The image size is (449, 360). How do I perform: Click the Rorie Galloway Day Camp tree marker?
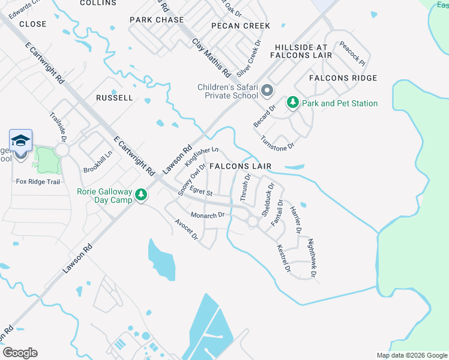141,195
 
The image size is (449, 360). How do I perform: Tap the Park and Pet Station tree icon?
293,103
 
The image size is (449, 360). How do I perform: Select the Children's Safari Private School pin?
267,92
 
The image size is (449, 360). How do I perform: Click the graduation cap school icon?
20,141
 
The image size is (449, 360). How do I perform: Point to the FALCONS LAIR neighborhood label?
240,166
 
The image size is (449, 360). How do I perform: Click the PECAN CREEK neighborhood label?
241,26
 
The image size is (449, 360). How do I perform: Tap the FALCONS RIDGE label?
343,78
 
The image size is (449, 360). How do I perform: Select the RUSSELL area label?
114,97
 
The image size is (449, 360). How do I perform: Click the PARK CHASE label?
157,20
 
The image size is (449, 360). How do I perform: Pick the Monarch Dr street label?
207,215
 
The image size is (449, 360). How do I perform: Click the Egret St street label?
201,191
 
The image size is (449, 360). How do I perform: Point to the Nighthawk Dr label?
312,258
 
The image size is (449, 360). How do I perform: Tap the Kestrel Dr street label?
283,259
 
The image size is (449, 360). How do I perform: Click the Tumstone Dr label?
277,143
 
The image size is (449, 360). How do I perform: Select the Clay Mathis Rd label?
211,58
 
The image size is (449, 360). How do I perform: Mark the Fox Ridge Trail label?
38,181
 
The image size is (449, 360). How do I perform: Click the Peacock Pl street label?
352,53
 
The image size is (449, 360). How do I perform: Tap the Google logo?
20,353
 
